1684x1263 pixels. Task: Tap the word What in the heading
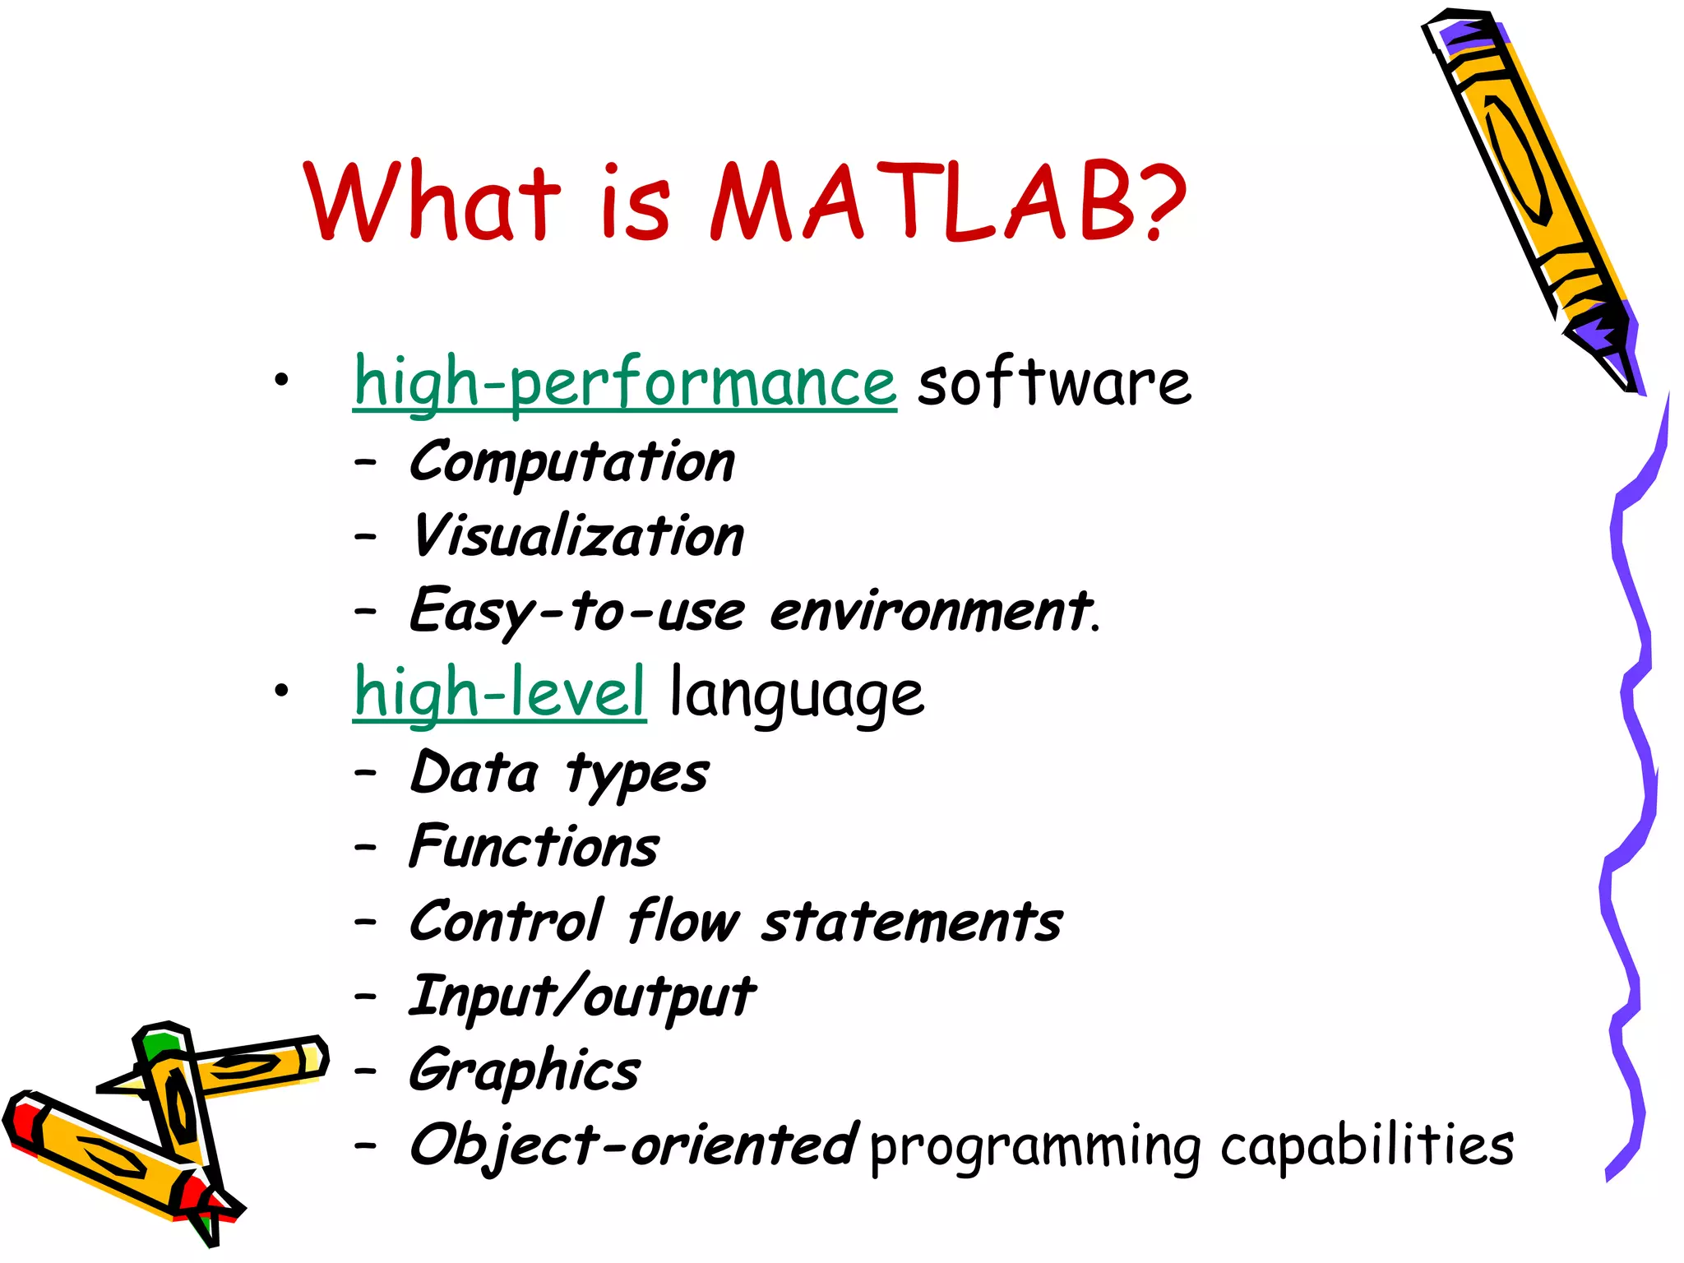(432, 201)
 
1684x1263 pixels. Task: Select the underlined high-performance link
(624, 382)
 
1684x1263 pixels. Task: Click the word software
(1053, 382)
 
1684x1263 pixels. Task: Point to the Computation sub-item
(571, 461)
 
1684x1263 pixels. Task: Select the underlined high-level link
(499, 692)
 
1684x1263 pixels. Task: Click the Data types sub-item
(558, 774)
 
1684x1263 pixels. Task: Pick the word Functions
(534, 847)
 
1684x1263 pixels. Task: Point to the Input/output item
(581, 997)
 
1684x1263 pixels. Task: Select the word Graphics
(524, 1071)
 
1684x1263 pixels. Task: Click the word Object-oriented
(633, 1145)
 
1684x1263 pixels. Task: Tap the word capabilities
(1366, 1145)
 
